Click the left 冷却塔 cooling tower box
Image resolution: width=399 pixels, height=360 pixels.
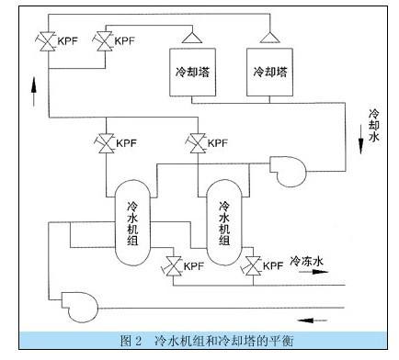click(x=193, y=73)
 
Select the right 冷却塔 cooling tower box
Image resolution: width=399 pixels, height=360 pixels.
click(x=269, y=73)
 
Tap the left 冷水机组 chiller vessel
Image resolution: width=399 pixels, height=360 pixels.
click(x=133, y=222)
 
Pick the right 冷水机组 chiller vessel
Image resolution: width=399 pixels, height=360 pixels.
click(x=224, y=222)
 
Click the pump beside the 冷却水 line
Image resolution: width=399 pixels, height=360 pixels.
click(x=288, y=172)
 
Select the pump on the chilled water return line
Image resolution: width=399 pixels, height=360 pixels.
click(x=80, y=307)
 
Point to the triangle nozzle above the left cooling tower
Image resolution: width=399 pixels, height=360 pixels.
click(x=192, y=38)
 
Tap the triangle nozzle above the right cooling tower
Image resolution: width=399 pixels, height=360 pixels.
click(x=269, y=38)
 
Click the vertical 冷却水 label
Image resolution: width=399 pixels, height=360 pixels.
click(x=373, y=125)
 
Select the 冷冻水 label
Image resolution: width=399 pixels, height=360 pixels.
click(x=306, y=261)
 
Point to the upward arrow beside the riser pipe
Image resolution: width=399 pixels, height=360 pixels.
click(x=34, y=91)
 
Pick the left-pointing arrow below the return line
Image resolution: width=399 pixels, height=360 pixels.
click(x=312, y=321)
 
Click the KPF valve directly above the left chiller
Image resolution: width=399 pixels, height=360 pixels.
click(x=106, y=143)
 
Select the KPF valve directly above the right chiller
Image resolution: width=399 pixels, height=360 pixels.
click(x=198, y=143)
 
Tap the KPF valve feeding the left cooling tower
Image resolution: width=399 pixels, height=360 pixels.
click(x=105, y=41)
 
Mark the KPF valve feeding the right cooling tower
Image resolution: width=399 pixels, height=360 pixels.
click(x=49, y=41)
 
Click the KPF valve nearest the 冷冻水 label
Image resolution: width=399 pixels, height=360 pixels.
click(x=253, y=265)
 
